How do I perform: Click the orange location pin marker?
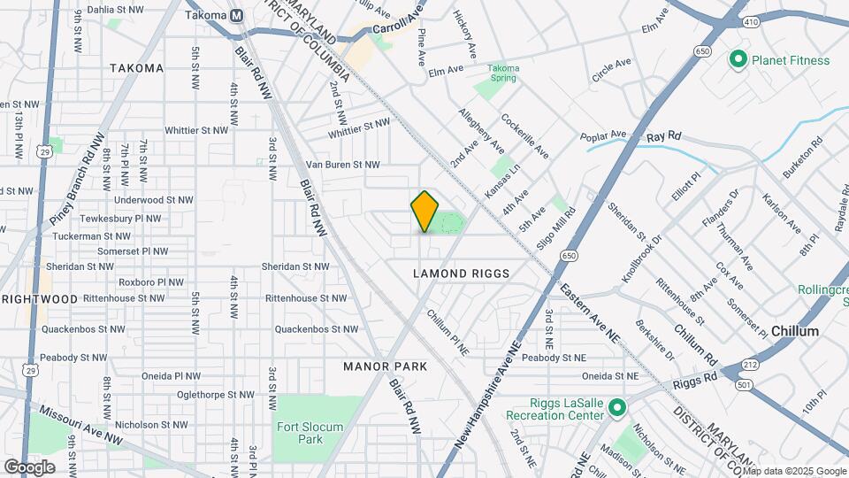425,211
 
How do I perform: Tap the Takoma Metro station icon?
236,16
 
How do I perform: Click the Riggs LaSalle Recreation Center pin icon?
616,408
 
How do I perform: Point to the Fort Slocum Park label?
310,433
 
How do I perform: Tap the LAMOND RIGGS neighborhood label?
462,274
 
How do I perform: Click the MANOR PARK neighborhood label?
385,366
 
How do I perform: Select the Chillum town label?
794,330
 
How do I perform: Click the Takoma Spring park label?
504,73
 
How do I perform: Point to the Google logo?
30,467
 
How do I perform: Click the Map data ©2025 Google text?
800,470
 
